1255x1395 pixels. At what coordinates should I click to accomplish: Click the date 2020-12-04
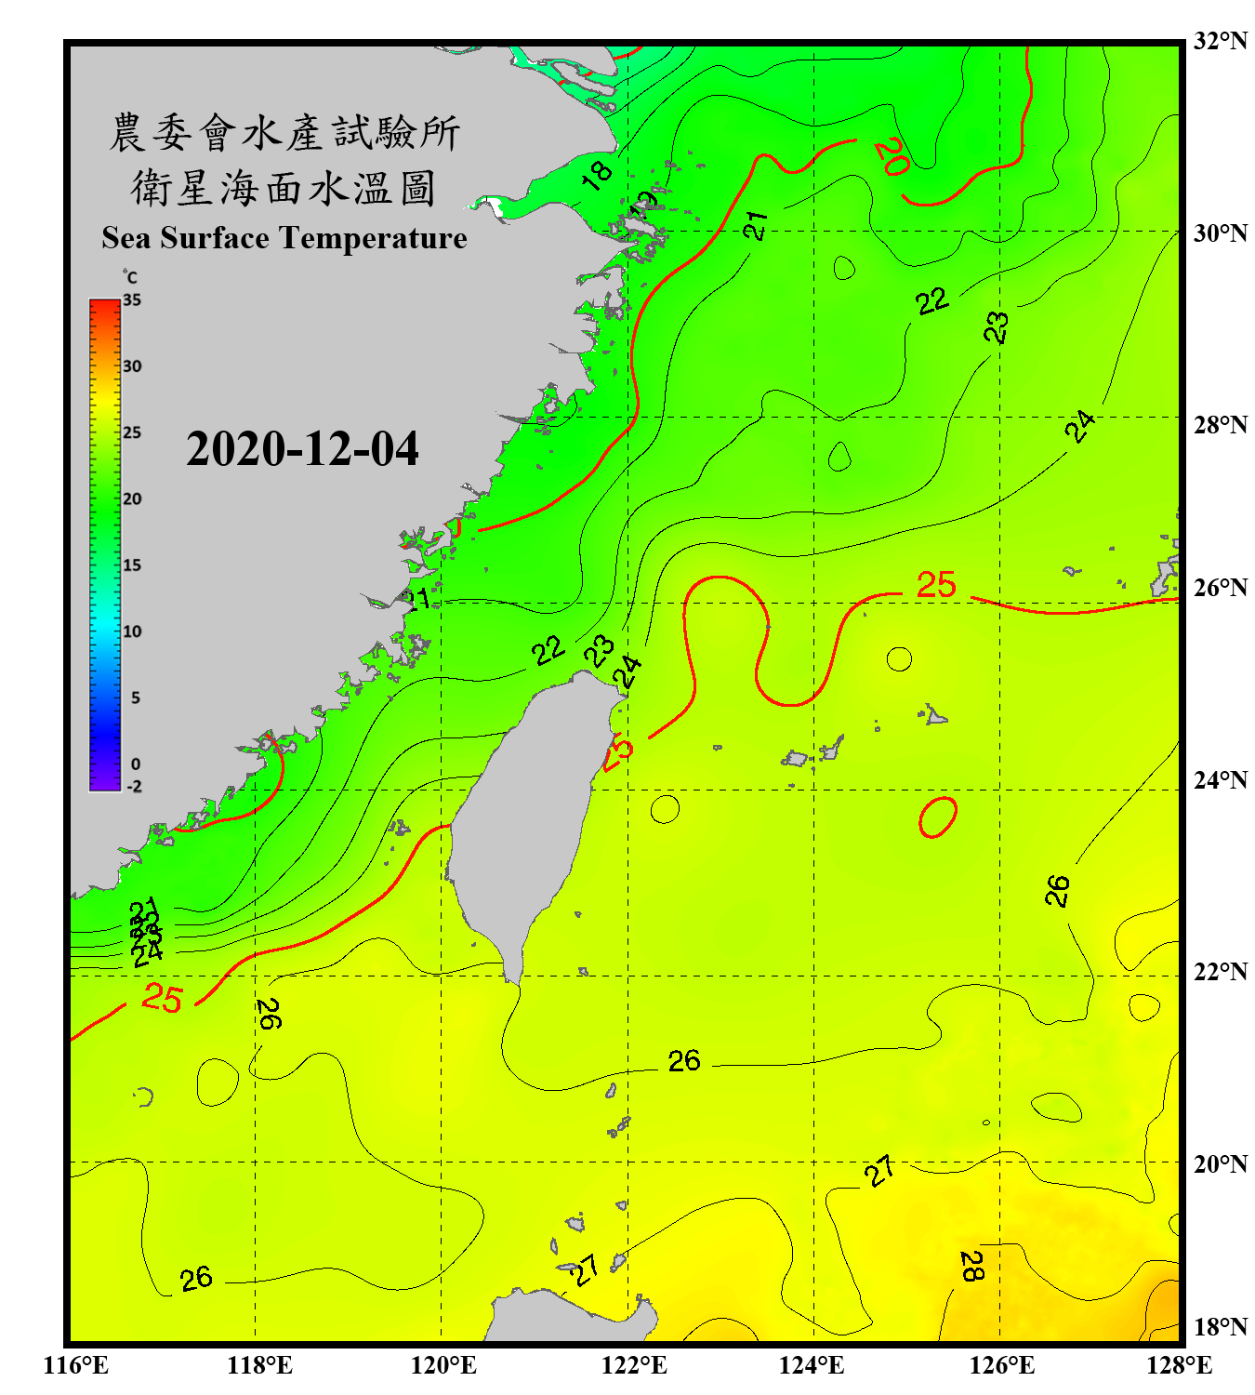302,449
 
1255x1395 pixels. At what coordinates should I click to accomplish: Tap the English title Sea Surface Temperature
284,238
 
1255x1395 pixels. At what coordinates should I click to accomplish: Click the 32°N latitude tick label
1221,41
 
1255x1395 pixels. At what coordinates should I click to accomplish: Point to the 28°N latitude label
1221,425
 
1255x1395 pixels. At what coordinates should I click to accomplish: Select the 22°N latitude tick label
1221,972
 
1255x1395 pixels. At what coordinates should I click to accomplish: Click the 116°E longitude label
76,1365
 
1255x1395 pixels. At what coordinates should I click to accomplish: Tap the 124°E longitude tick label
812,1365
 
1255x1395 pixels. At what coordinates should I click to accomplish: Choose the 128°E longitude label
1179,1365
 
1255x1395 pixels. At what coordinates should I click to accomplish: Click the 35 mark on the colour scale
132,300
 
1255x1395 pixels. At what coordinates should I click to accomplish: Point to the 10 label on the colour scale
132,631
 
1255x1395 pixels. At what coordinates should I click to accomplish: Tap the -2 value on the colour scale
134,787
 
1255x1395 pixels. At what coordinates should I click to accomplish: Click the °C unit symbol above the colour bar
130,277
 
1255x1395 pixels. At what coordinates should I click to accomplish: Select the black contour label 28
971,1266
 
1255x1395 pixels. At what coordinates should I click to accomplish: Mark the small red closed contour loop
938,817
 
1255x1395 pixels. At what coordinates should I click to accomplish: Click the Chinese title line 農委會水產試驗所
284,133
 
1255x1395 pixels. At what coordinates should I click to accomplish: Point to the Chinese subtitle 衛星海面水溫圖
284,188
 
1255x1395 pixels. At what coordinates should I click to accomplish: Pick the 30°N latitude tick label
1221,233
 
